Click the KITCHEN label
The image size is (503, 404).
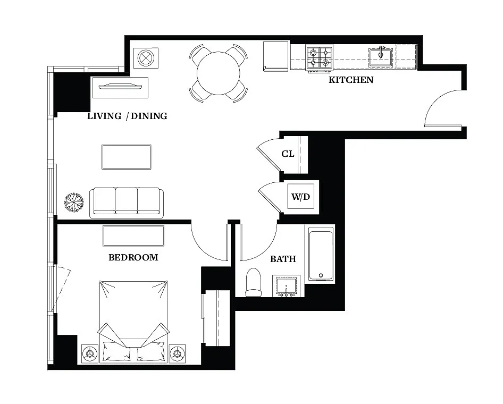350,80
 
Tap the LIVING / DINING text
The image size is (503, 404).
127,116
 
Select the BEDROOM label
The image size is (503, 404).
133,257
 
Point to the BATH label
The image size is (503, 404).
283,259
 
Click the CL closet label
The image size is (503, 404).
288,154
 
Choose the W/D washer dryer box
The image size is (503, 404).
300,197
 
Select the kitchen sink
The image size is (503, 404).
381,56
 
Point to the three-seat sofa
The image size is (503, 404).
127,202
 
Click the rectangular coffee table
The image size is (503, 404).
127,157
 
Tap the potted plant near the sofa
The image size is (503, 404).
73,203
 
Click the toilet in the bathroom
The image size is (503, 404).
254,282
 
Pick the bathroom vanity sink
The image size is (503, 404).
286,286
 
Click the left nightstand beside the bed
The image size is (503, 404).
89,353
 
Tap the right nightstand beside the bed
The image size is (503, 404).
177,353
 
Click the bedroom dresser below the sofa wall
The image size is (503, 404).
133,235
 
